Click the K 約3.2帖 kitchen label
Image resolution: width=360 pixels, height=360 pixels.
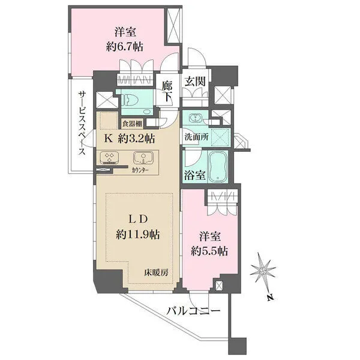[130, 139]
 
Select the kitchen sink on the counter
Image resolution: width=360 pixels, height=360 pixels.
[142, 159]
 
